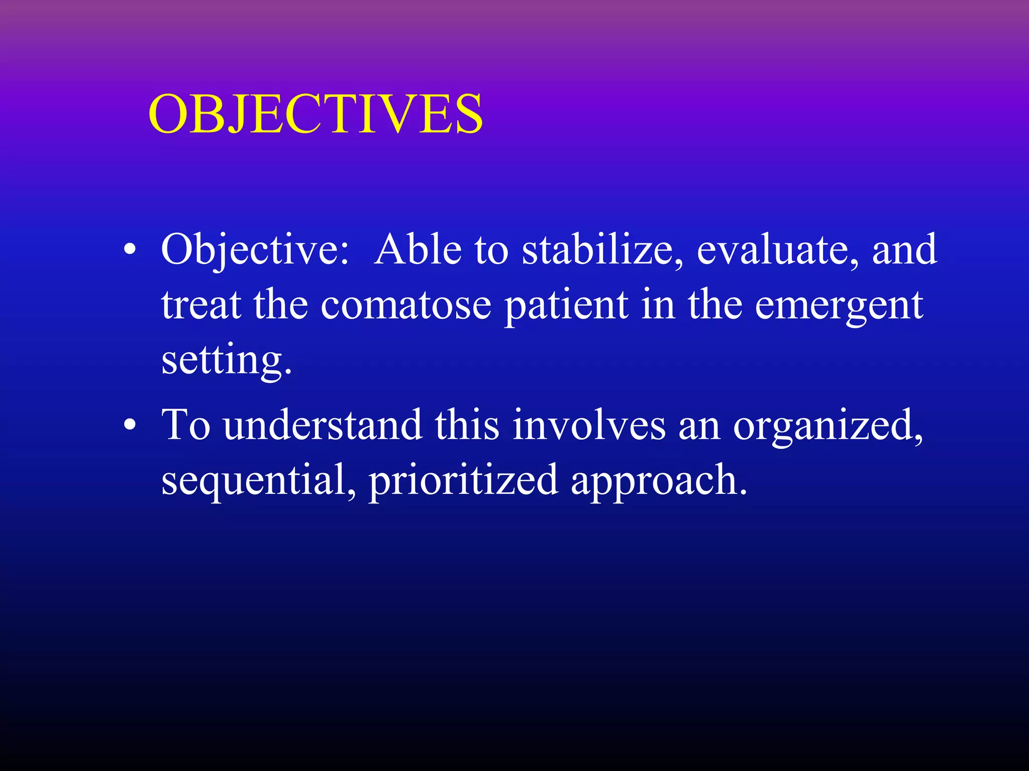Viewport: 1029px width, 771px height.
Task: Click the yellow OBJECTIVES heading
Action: point(316,114)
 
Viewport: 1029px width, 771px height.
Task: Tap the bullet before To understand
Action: point(130,425)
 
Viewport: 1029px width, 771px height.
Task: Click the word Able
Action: point(418,249)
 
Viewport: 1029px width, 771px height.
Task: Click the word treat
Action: point(200,305)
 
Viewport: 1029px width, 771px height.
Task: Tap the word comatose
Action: point(405,305)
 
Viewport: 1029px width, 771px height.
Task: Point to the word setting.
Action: point(226,360)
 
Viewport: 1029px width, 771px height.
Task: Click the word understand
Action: point(323,425)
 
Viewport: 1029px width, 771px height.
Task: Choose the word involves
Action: point(588,425)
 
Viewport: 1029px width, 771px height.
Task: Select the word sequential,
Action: point(259,480)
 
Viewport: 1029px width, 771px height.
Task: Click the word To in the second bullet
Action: point(185,425)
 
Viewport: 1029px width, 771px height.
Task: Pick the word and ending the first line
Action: point(904,249)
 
